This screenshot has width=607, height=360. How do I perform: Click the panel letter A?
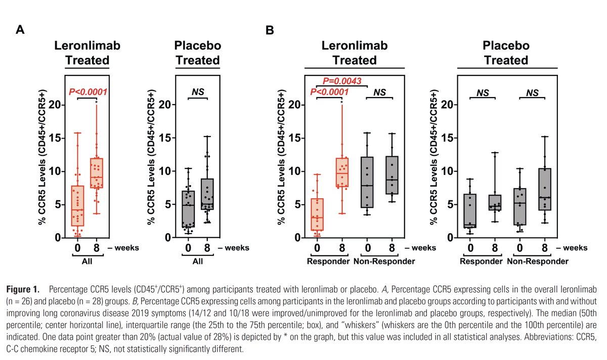[20, 30]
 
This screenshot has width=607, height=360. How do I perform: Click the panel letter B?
[270, 30]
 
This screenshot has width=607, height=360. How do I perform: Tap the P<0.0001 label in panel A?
[89, 92]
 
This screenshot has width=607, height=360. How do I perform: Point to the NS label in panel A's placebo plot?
[198, 92]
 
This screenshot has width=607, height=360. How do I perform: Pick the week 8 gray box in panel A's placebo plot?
[207, 194]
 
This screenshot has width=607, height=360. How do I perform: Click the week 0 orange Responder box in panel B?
[317, 214]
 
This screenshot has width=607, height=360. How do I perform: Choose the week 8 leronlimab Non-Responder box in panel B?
[392, 175]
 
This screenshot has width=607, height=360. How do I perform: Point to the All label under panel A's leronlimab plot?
[88, 261]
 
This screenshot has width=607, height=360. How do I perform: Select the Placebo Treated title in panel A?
[198, 53]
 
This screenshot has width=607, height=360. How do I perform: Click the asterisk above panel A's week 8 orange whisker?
[96, 102]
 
